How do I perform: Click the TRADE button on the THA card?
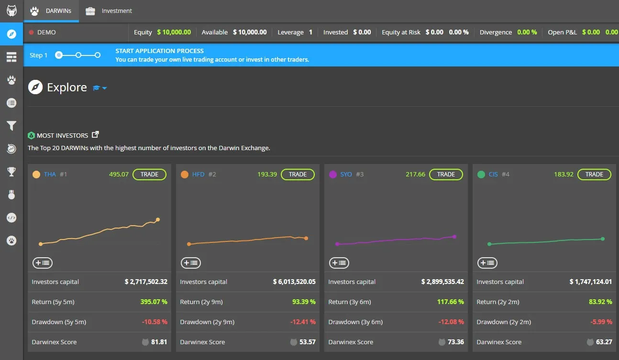pos(149,175)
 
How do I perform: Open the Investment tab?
pos(116,11)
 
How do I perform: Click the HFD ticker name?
pos(198,175)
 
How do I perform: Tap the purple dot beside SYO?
pos(333,175)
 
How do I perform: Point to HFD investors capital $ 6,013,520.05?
pos(294,282)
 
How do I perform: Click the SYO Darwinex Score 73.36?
pos(455,342)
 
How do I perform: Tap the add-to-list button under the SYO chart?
pos(339,262)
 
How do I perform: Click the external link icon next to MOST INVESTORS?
pos(95,135)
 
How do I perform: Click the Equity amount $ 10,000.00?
pos(174,32)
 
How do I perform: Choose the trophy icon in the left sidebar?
pos(11,172)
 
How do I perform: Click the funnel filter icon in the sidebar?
pos(11,126)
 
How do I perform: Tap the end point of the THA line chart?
pos(158,220)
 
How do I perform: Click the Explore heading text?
pos(67,87)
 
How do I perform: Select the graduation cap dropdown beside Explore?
pos(99,88)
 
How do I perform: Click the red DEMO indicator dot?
pos(32,33)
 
